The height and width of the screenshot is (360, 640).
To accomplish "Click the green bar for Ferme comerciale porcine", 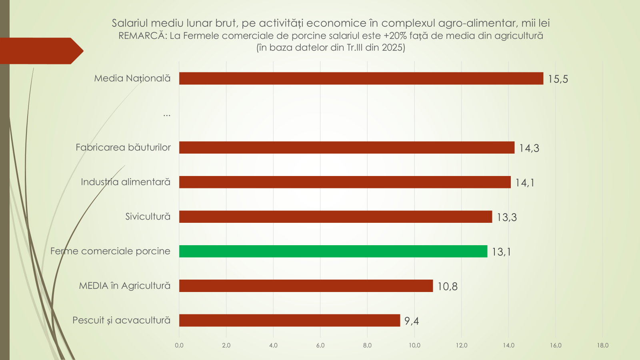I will pos(333,251).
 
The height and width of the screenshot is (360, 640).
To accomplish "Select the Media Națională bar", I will pos(361,78).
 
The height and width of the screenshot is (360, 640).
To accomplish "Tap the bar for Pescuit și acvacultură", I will pos(290,320).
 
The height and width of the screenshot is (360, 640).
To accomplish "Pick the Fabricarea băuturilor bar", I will pos(347,148).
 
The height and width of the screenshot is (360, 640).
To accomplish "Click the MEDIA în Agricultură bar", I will pos(306,286).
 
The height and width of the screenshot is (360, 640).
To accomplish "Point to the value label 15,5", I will pos(558,79).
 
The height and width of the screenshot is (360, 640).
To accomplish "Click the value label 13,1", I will pos(501,252).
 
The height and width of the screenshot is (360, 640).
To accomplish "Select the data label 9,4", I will pos(412,321).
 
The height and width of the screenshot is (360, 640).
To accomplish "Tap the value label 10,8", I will pos(447,286).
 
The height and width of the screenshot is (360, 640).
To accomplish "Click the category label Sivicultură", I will pos(148,217).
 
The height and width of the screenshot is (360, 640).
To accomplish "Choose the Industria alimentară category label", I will pos(126,182).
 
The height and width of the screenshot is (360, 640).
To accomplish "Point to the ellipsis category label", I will pos(167,114).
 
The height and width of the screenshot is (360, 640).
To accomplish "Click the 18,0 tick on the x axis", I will pos(603,345).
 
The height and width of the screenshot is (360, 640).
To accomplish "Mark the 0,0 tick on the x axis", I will pos(179,345).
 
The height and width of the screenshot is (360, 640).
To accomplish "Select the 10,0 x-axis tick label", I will pos(414,345).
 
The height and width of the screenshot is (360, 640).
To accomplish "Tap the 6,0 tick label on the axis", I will pos(320,345).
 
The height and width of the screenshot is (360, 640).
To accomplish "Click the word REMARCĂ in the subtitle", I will pos(142,36).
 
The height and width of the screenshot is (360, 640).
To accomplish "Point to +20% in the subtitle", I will pos(394,36).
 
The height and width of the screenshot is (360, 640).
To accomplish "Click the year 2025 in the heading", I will pos(392,48).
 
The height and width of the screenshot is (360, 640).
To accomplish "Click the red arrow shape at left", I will pos(40,51).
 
